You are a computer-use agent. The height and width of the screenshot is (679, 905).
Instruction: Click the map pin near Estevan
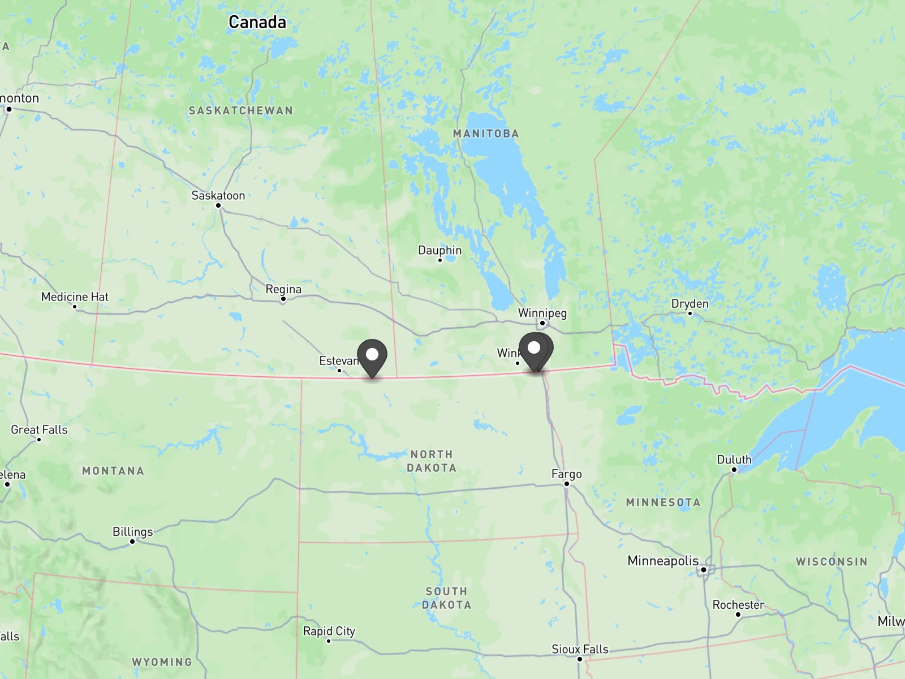click(372, 356)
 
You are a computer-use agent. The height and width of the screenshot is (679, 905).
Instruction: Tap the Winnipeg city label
click(542, 313)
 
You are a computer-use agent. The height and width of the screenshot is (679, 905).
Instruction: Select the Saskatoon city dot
click(218, 205)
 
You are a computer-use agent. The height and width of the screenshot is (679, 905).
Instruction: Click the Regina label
click(283, 289)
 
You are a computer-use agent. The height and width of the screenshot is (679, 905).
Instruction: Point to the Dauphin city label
click(439, 250)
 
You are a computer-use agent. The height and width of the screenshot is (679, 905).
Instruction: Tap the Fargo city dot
click(567, 484)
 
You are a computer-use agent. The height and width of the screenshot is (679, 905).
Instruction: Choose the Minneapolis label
click(663, 561)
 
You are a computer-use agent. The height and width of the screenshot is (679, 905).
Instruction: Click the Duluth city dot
click(734, 470)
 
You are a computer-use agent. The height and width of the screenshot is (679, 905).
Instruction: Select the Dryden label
click(689, 304)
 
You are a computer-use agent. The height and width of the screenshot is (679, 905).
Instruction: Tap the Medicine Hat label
click(75, 296)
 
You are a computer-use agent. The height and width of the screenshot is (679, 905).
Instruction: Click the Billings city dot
click(132, 542)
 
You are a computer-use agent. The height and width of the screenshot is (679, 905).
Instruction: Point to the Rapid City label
click(329, 631)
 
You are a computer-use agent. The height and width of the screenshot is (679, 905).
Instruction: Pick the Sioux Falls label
click(580, 649)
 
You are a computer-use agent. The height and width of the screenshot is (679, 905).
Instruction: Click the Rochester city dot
click(738, 614)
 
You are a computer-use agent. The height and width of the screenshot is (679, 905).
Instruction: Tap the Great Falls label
click(39, 429)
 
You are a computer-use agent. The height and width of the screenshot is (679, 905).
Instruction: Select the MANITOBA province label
click(486, 134)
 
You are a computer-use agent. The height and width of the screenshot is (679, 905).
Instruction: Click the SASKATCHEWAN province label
click(241, 110)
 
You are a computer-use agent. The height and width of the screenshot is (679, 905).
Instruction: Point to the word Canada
click(257, 22)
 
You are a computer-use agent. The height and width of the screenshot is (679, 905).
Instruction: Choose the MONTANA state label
click(113, 471)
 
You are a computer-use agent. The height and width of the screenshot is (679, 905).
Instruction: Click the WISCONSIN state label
click(831, 561)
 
